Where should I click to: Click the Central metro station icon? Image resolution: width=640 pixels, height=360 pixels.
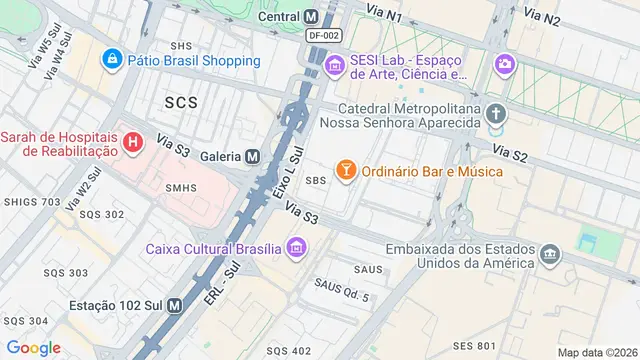pyautogui.click(x=312, y=16)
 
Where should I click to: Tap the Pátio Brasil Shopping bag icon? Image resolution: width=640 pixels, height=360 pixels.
pyautogui.click(x=113, y=60)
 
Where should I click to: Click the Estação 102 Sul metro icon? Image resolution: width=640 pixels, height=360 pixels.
pyautogui.click(x=175, y=305)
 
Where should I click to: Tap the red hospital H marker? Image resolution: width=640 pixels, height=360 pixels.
pyautogui.click(x=132, y=143)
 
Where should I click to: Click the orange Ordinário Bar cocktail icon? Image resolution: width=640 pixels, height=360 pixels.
pyautogui.click(x=345, y=171)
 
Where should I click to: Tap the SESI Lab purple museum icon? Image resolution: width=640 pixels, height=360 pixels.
pyautogui.click(x=334, y=67)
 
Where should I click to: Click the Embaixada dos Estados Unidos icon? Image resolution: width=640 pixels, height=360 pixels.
pyautogui.click(x=549, y=255)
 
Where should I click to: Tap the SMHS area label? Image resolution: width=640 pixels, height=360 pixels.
pyautogui.click(x=181, y=187)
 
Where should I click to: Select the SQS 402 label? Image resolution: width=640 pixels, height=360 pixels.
pyautogui.click(x=287, y=350)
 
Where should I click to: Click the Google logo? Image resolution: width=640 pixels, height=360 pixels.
pyautogui.click(x=34, y=347)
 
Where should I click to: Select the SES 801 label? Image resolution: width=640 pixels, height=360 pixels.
pyautogui.click(x=474, y=346)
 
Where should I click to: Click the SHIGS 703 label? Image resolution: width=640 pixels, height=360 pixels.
pyautogui.click(x=32, y=202)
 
